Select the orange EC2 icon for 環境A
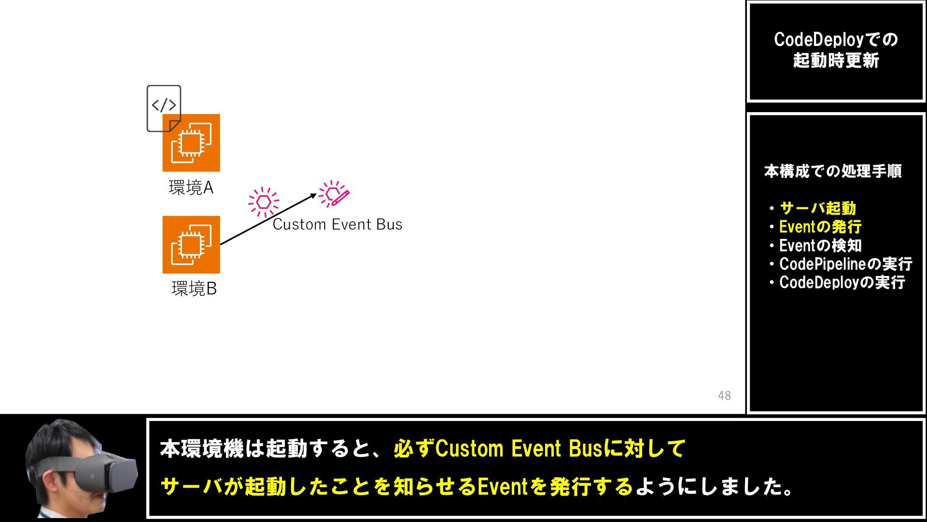click(191, 143)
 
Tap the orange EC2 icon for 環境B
click(191, 245)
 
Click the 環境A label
click(191, 188)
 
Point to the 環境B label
click(194, 289)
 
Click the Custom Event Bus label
click(337, 224)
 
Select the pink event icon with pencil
click(334, 194)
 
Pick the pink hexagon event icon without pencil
click(264, 202)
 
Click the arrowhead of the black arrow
click(314, 195)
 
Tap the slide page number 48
click(724, 395)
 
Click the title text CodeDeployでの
click(836, 40)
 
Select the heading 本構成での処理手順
click(833, 171)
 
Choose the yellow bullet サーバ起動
click(817, 208)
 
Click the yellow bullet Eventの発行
click(820, 227)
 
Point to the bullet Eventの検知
click(820, 246)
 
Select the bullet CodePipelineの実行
click(845, 264)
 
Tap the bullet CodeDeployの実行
click(842, 282)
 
